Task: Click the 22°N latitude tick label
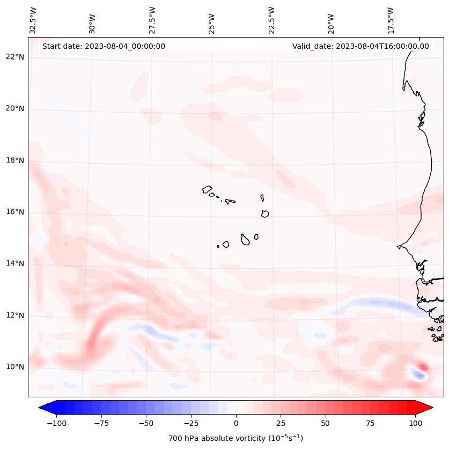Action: [15, 57]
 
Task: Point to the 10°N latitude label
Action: [15, 367]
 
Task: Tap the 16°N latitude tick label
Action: [15, 212]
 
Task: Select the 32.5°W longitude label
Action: [33, 20]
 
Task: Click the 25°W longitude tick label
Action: [212, 20]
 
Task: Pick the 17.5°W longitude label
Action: [391, 20]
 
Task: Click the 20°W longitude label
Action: [331, 20]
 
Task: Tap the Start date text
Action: [104, 46]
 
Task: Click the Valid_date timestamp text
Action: [360, 46]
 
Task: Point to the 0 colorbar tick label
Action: [236, 423]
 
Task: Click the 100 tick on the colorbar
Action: [415, 423]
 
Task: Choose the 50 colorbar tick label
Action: [326, 423]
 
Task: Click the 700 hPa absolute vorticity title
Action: [236, 438]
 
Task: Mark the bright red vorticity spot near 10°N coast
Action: [424, 367]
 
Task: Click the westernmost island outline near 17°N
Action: [208, 189]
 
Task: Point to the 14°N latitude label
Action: [15, 264]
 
